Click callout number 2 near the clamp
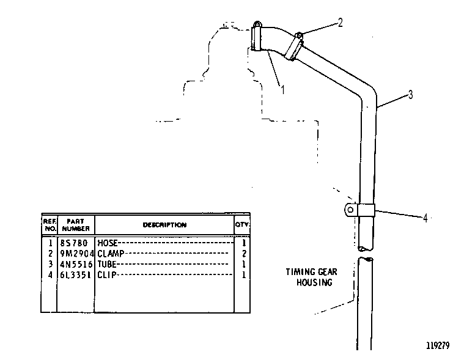tap(341, 23)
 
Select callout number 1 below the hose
tap(282, 90)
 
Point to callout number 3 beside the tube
tap(410, 95)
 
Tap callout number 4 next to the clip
tap(425, 218)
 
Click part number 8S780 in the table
tap(74, 243)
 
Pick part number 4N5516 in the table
tap(76, 264)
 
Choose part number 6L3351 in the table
tap(75, 275)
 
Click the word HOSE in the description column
tap(108, 243)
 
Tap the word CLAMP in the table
tap(111, 254)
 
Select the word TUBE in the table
tap(107, 264)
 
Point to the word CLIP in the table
tap(107, 275)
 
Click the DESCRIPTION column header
tap(164, 225)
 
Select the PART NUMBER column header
tap(76, 225)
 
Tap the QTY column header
tap(241, 224)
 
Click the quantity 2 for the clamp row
tap(244, 254)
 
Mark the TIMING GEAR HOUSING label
tap(312, 277)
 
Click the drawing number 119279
tap(438, 345)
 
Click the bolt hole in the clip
tap(351, 210)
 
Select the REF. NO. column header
tap(50, 225)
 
